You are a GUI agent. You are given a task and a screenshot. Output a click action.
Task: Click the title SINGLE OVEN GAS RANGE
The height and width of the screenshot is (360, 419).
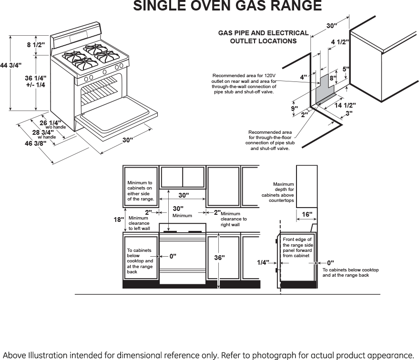[227, 6]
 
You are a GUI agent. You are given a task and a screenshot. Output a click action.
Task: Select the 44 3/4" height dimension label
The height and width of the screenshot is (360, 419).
[11, 65]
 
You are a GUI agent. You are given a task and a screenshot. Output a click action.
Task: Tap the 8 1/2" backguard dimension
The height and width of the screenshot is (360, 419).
[36, 45]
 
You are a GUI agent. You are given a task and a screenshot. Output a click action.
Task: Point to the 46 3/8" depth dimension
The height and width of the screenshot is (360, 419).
[36, 143]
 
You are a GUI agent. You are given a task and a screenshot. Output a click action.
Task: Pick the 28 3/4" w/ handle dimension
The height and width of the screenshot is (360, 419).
[42, 133]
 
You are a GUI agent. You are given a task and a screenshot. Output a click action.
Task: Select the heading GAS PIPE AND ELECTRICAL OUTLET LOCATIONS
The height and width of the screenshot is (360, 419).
[263, 37]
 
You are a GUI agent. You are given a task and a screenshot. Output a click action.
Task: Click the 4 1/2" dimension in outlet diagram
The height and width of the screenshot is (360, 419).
[340, 42]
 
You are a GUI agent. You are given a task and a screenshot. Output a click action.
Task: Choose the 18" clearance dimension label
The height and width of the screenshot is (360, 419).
[118, 220]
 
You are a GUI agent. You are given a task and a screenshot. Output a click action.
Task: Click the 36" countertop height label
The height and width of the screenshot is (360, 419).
[219, 257]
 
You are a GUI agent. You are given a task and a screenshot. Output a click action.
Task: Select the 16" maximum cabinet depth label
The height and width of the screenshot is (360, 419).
[307, 215]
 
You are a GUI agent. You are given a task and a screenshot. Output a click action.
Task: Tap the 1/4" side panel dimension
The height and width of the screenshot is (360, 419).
[263, 262]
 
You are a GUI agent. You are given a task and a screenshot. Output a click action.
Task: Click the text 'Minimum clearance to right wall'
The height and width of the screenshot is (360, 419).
[234, 219]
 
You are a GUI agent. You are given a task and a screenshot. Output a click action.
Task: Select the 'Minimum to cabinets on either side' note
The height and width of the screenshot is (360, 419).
[141, 190]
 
